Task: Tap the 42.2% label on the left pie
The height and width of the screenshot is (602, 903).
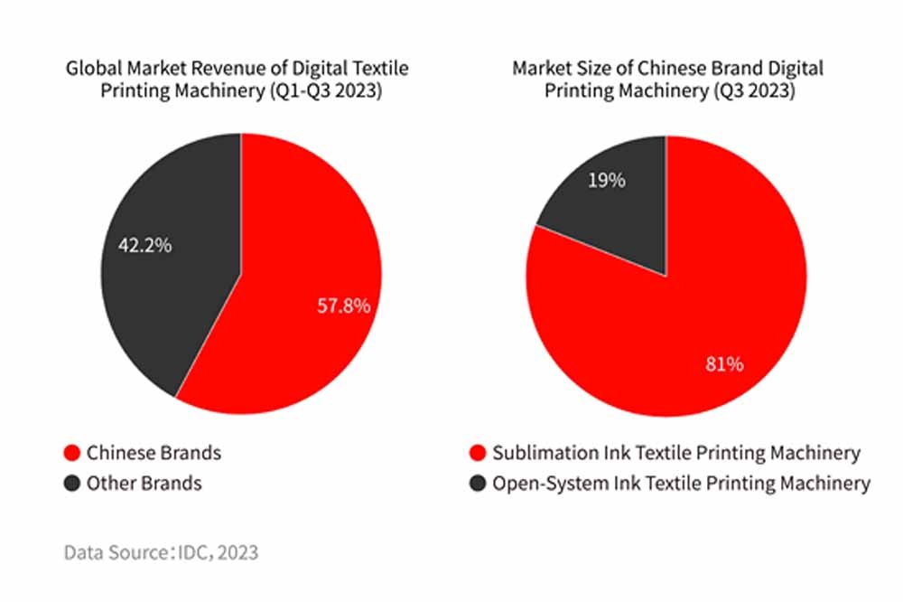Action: pos(144,245)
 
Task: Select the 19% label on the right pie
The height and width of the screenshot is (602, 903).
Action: pos(606,180)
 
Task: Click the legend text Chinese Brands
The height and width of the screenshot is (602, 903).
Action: pos(154,453)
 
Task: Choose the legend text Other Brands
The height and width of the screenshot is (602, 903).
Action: pos(144,484)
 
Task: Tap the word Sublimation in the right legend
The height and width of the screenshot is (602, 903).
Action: pos(539,453)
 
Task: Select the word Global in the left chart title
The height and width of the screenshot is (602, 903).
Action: pos(93,69)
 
